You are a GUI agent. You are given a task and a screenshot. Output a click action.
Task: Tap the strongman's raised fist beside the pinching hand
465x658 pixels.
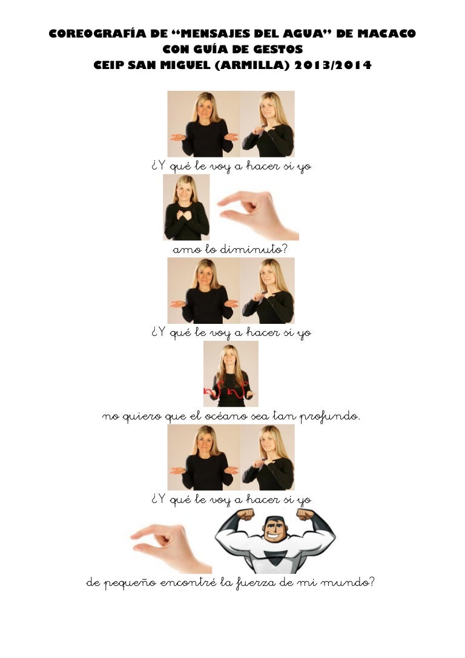coord(245,514)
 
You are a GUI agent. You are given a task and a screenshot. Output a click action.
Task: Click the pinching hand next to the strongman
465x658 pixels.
coord(170,548)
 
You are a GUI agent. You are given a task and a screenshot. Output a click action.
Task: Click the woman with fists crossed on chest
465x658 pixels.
coord(186,207)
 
